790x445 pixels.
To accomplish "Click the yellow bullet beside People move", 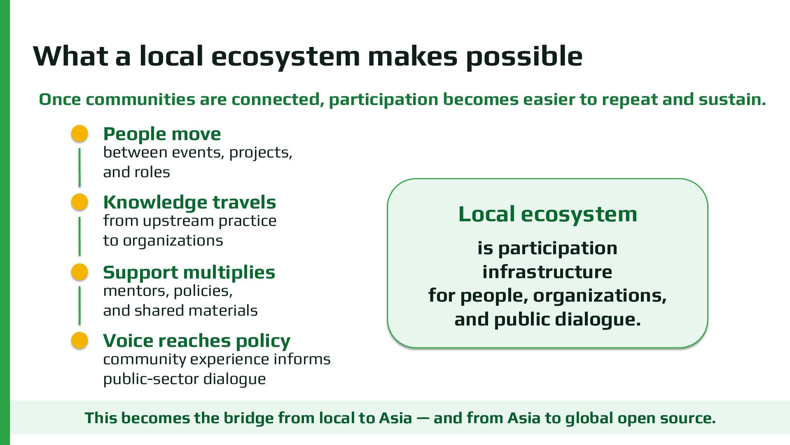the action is coord(79,133).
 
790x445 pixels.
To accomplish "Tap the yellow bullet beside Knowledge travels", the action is coord(79,202).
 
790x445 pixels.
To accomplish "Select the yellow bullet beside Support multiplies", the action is coord(79,272).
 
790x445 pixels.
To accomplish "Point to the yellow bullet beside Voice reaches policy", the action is coord(79,340).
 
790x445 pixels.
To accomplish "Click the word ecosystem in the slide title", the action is coord(285,57).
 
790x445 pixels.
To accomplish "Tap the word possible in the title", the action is coord(524,56).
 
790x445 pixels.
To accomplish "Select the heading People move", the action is coord(162,134).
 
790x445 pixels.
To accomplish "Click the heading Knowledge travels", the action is coord(189,203).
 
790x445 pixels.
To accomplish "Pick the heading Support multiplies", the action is coord(189,273).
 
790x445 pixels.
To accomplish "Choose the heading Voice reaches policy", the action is coord(196,341).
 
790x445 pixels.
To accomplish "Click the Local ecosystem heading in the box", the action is coord(547,215).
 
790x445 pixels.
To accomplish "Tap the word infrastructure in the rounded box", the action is coord(547,272).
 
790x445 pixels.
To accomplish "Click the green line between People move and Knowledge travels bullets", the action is coord(79,167).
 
